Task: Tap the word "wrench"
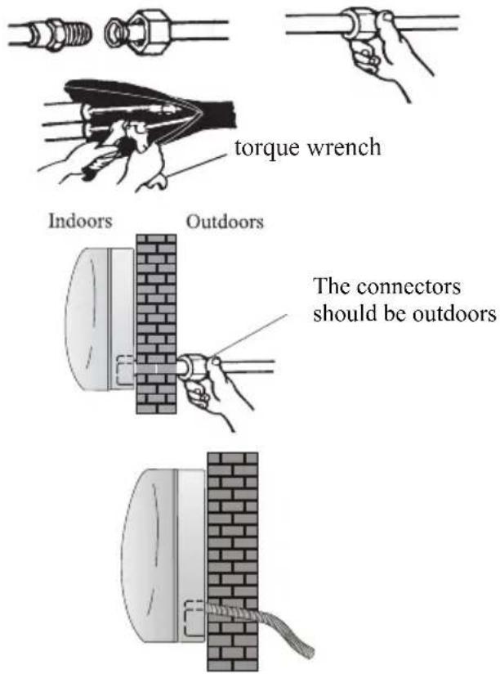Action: point(344,147)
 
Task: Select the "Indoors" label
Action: point(80,221)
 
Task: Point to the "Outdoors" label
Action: point(225,222)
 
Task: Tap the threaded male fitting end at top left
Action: point(72,35)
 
